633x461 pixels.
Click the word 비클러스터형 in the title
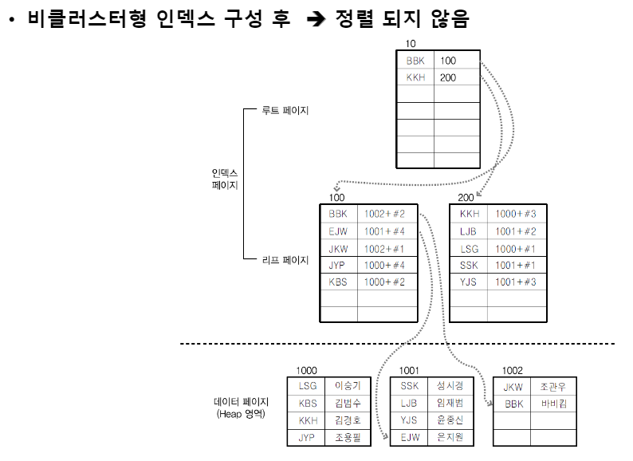point(88,21)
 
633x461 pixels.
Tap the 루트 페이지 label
point(285,111)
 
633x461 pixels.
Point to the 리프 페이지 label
point(285,259)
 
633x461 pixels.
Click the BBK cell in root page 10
point(415,61)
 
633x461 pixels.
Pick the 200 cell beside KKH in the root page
point(448,77)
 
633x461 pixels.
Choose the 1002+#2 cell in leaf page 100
point(384,214)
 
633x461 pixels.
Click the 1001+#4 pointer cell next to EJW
point(384,231)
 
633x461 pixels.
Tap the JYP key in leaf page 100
point(338,266)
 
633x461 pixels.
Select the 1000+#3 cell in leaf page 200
point(514,214)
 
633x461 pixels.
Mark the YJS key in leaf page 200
point(470,282)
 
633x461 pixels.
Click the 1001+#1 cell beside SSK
point(514,266)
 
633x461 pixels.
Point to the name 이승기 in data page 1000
point(348,386)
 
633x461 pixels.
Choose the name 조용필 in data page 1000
point(348,437)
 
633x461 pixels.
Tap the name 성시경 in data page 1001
point(450,386)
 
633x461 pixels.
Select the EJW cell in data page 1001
point(410,437)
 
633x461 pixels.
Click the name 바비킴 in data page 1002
point(553,404)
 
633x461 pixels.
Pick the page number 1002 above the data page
point(514,371)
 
